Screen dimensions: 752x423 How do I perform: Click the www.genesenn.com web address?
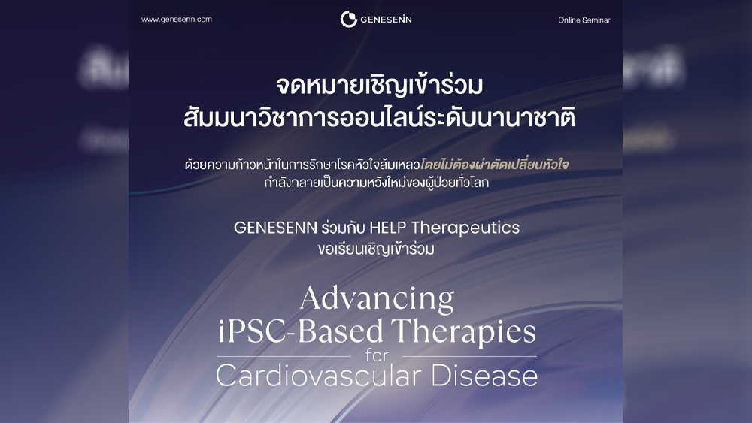pyautogui.click(x=177, y=20)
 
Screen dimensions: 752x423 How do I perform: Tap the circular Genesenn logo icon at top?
pyautogui.click(x=349, y=20)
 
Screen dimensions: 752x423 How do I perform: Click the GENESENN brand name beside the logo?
pyautogui.click(x=386, y=20)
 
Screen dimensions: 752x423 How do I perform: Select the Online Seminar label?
pyautogui.click(x=584, y=20)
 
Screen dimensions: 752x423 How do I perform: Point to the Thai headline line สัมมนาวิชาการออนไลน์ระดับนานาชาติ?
pyautogui.click(x=379, y=116)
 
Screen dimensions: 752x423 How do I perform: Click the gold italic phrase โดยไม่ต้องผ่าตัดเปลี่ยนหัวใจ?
pyautogui.click(x=495, y=165)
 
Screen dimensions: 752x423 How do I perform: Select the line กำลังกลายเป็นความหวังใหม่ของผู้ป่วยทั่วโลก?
pyautogui.click(x=376, y=183)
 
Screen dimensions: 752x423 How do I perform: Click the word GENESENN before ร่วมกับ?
pyautogui.click(x=275, y=228)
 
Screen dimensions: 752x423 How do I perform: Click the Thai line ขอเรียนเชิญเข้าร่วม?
pyautogui.click(x=376, y=249)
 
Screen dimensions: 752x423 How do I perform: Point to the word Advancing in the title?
pyautogui.click(x=377, y=299)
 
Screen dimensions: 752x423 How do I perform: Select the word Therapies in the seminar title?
pyautogui.click(x=463, y=332)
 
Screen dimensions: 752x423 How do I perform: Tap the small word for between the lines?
pyautogui.click(x=377, y=355)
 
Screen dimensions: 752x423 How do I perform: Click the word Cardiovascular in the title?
pyautogui.click(x=320, y=376)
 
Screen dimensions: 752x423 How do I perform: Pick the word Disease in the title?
pyautogui.click(x=484, y=376)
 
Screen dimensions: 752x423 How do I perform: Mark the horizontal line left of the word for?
pyautogui.click(x=284, y=357)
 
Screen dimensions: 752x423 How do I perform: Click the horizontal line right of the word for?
pyautogui.click(x=469, y=357)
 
